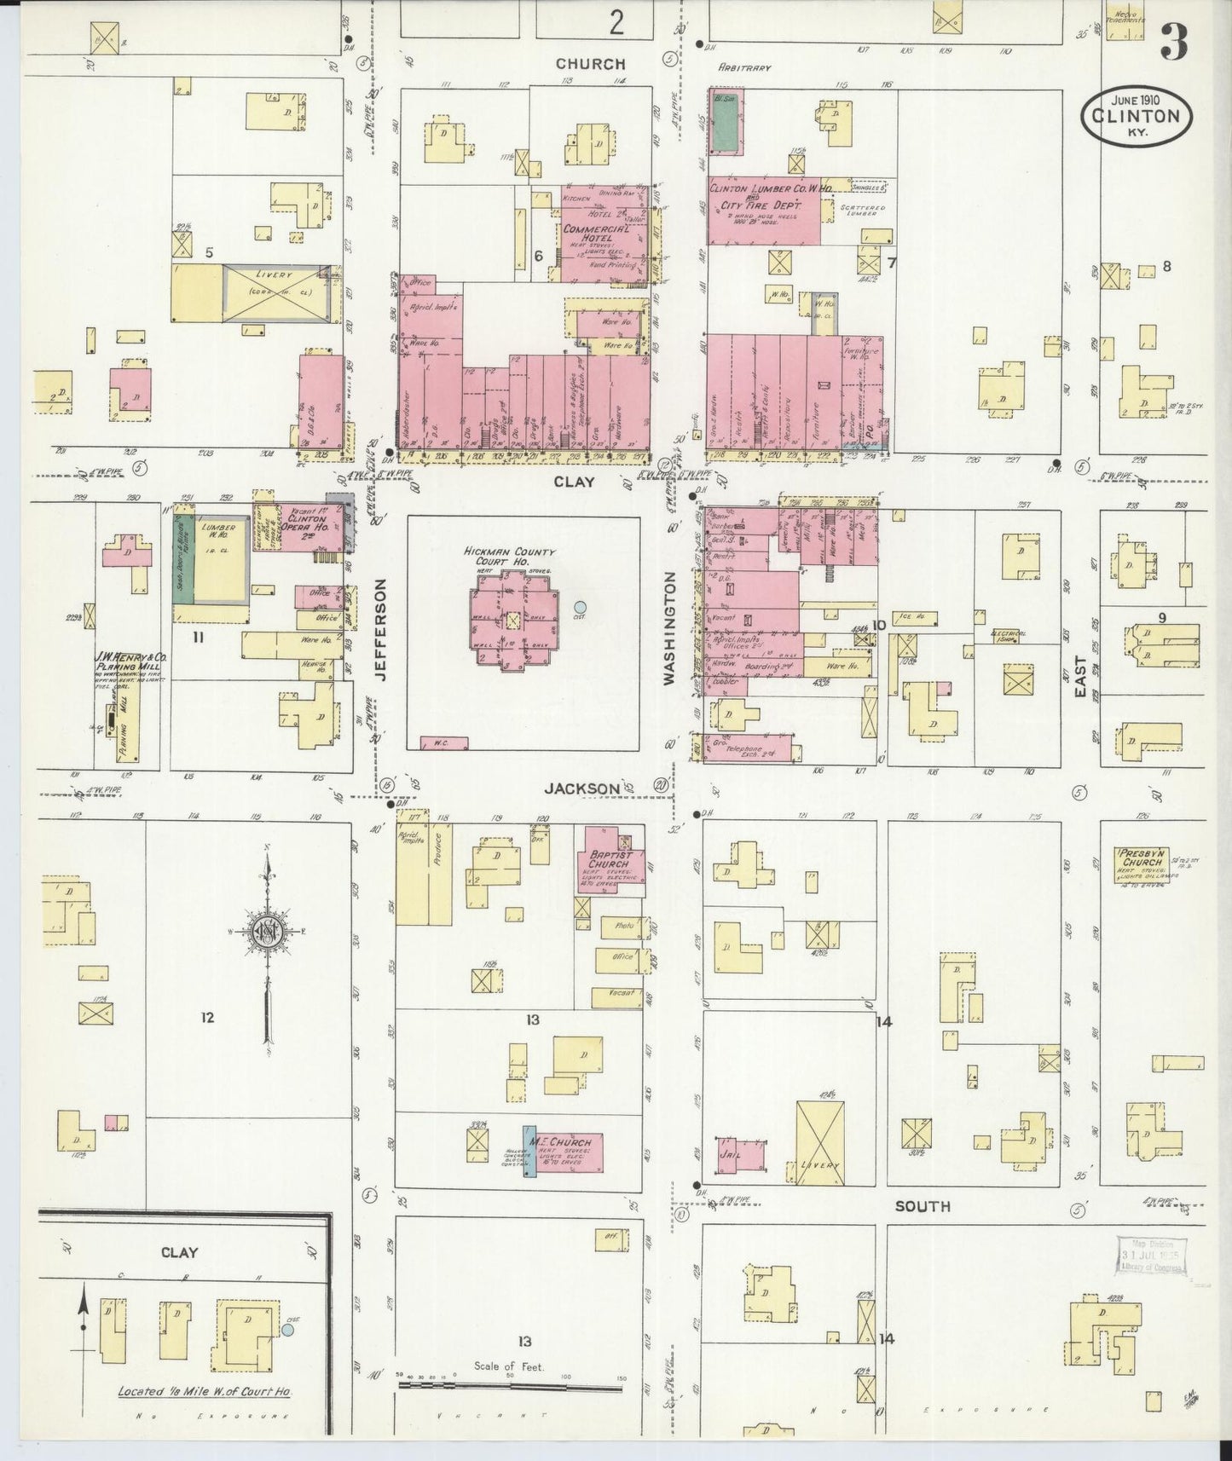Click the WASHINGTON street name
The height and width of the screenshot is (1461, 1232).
669,628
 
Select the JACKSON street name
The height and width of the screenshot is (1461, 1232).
583,789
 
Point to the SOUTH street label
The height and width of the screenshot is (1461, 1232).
922,1206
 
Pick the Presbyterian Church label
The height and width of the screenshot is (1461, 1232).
1141,857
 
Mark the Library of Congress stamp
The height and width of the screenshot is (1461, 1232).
1151,1255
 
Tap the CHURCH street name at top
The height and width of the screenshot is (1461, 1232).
590,64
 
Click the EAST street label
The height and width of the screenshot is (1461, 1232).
1081,678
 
